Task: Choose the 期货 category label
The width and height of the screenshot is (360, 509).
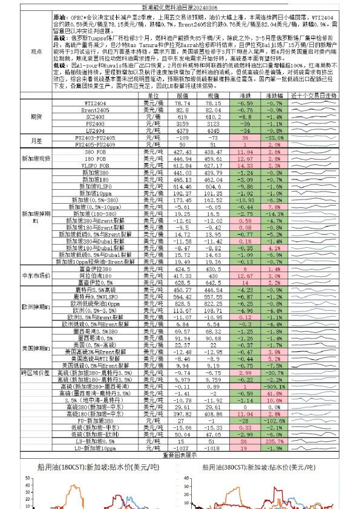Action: (36, 117)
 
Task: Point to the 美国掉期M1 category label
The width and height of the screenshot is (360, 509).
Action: (36, 348)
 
